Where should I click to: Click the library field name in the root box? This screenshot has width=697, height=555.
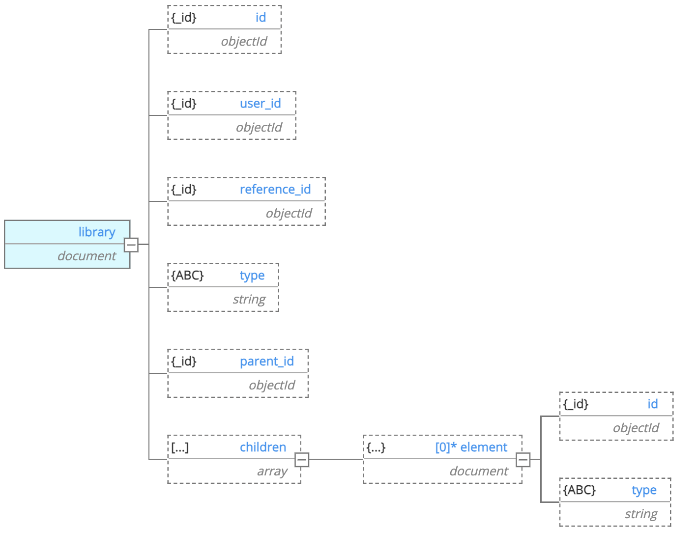click(x=97, y=232)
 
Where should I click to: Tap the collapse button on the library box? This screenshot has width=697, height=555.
click(x=131, y=245)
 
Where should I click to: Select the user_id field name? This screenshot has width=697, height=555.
click(x=260, y=104)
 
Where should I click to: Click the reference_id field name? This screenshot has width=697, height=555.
click(x=275, y=190)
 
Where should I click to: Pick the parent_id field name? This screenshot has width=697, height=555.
click(x=266, y=361)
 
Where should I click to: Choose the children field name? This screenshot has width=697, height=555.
click(x=262, y=447)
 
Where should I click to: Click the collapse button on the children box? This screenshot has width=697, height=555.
click(x=302, y=460)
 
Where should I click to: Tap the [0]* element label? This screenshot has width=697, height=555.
click(x=471, y=447)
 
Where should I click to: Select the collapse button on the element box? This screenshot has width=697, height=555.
click(x=523, y=460)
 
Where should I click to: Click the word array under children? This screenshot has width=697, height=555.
click(x=272, y=472)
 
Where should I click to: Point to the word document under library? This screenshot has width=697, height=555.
click(x=87, y=256)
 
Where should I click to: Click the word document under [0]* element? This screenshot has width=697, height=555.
click(x=479, y=472)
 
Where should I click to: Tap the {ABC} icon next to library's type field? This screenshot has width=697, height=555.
click(x=187, y=276)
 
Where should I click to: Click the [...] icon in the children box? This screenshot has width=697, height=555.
click(x=180, y=447)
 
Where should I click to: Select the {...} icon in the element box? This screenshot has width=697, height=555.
click(x=376, y=447)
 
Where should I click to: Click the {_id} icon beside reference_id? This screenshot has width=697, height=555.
click(x=184, y=190)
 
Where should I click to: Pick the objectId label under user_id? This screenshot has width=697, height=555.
click(x=259, y=128)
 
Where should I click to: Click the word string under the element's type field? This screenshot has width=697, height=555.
click(x=640, y=514)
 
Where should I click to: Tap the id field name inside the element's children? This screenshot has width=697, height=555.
click(x=652, y=404)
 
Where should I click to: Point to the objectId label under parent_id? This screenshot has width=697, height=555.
click(x=271, y=386)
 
